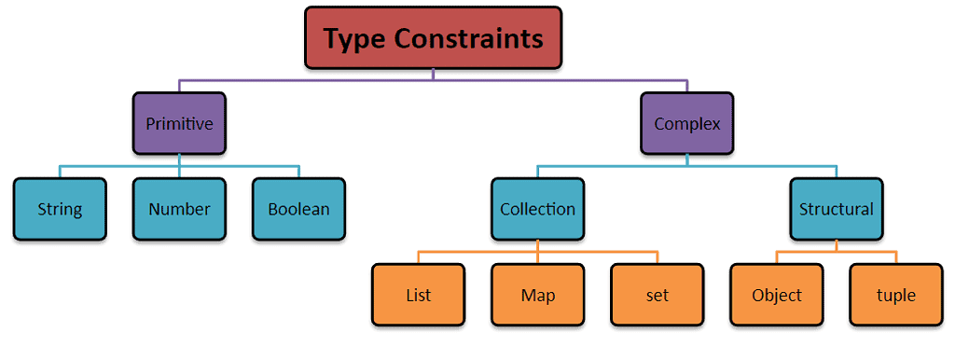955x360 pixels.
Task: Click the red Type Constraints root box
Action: (x=433, y=38)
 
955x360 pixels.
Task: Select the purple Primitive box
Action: (x=179, y=123)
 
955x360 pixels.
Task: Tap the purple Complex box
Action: (x=686, y=123)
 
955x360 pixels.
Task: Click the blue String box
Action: (x=60, y=209)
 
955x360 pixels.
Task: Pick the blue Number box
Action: (x=179, y=209)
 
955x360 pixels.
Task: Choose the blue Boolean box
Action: (x=298, y=209)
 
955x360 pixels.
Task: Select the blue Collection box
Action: (x=537, y=209)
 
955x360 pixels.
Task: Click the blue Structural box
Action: (x=837, y=209)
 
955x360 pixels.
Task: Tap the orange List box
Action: (x=418, y=296)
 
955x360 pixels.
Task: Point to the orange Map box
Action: (x=537, y=296)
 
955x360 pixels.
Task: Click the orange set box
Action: (x=657, y=296)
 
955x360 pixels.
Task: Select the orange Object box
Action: (x=777, y=296)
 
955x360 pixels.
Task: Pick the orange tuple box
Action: (x=896, y=296)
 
